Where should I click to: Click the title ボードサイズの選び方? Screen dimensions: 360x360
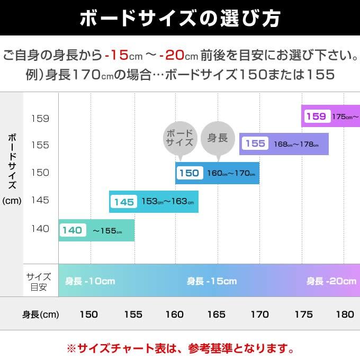(180, 18)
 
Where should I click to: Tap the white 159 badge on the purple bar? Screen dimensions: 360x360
(316, 116)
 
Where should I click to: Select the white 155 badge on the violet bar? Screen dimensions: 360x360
(255, 143)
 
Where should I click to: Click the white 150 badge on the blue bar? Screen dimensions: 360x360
(189, 173)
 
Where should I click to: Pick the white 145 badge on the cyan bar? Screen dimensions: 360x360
(124, 202)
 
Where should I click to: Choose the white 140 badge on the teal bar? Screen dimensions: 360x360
(73, 230)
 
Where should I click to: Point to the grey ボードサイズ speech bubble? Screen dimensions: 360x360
(180, 139)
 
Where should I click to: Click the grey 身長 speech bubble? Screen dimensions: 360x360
(218, 139)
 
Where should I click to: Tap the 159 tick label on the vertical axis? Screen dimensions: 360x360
(40, 118)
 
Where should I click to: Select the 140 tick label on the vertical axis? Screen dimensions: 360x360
(40, 229)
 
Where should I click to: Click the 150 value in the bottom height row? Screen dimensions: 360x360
(88, 314)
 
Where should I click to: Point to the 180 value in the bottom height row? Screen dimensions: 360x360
(345, 314)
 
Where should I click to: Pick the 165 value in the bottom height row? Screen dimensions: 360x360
(216, 314)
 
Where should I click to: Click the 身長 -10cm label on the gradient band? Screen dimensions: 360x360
(90, 282)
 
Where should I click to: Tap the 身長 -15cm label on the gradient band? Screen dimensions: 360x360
(212, 282)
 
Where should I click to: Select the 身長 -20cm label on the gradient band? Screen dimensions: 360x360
(331, 282)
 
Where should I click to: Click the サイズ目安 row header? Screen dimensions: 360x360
(39, 282)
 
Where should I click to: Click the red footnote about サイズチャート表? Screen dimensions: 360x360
(180, 349)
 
